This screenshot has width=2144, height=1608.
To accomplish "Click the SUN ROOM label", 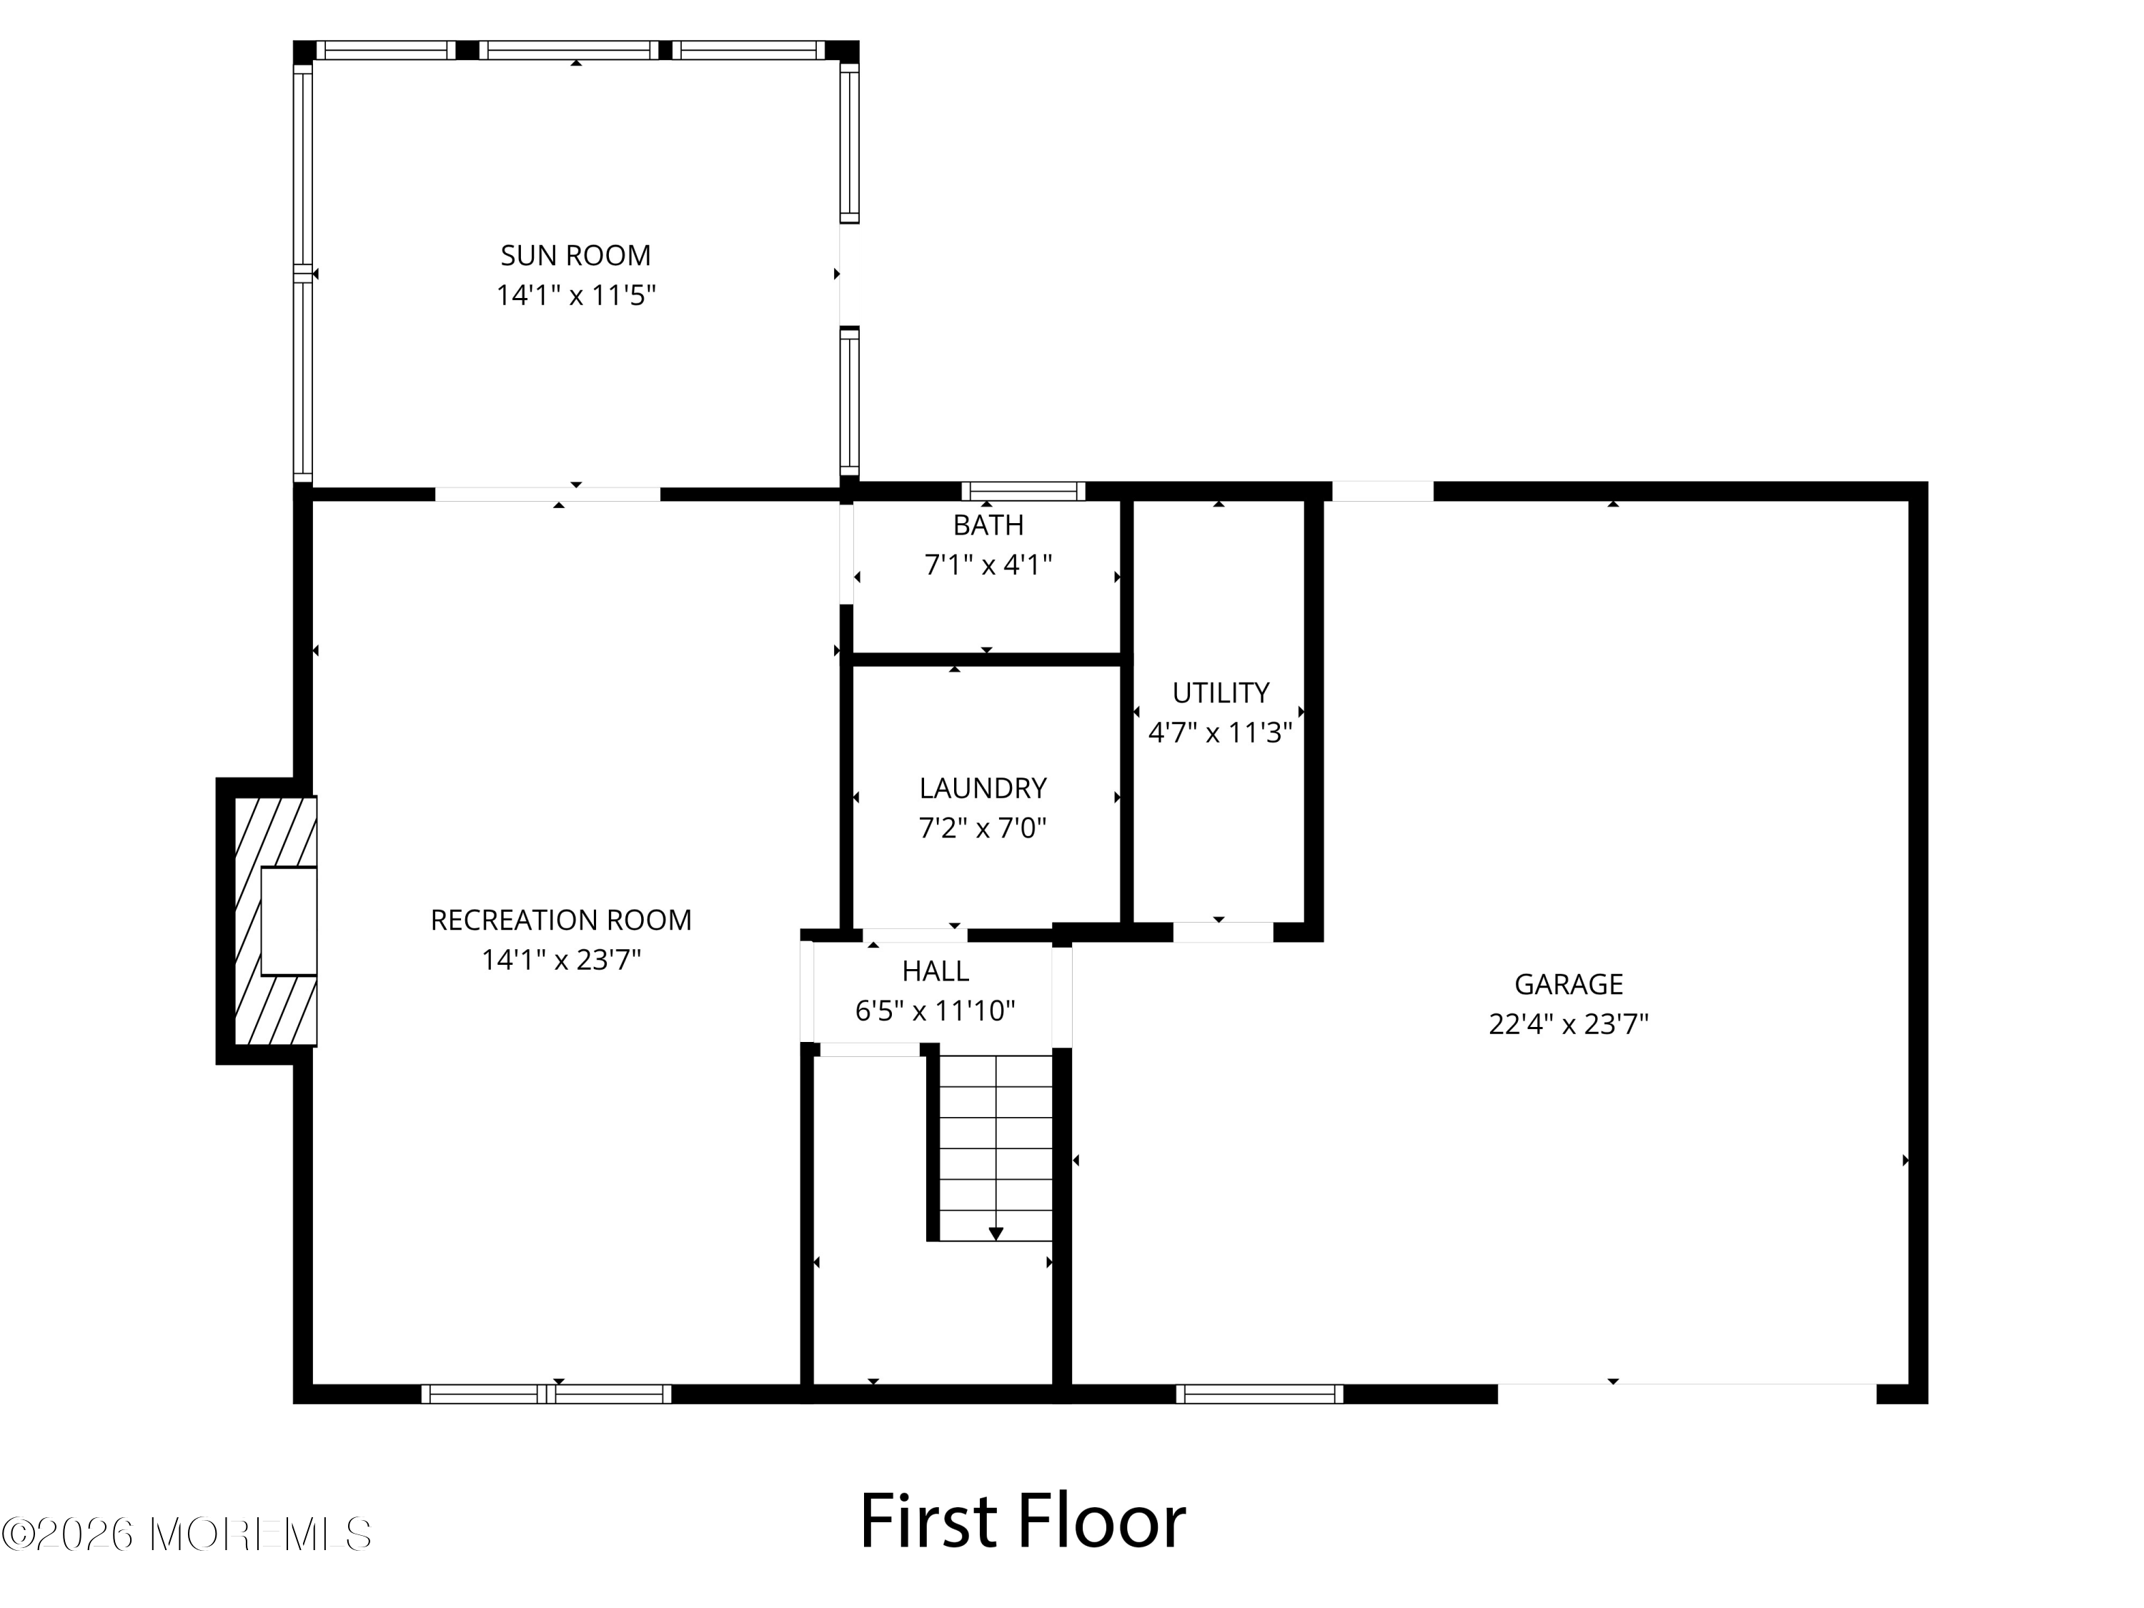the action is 576,255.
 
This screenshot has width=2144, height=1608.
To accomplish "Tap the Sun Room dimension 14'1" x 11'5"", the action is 576,294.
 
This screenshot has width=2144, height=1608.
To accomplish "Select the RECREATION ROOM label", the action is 561,920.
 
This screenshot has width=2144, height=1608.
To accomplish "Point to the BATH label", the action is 988,525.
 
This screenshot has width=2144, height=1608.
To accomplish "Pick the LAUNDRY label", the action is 983,788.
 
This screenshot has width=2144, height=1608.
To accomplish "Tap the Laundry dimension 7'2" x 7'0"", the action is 983,828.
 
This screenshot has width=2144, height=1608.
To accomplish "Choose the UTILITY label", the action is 1221,693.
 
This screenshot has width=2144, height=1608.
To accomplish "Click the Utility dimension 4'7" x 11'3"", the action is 1221,733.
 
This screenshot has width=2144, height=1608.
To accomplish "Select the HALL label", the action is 935,971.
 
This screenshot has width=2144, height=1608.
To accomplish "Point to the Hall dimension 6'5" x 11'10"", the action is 935,1011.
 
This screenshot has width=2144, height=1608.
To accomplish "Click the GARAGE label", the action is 1568,984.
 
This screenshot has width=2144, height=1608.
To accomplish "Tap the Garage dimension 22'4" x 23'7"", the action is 1568,1025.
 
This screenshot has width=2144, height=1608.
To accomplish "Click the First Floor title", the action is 1023,1522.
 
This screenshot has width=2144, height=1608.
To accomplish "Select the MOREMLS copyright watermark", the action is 186,1534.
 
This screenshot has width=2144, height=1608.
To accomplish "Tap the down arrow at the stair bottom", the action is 996,1234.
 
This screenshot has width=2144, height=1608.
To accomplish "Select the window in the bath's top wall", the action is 1023,490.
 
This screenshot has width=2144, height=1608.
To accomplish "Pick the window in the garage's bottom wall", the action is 1260,1394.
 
